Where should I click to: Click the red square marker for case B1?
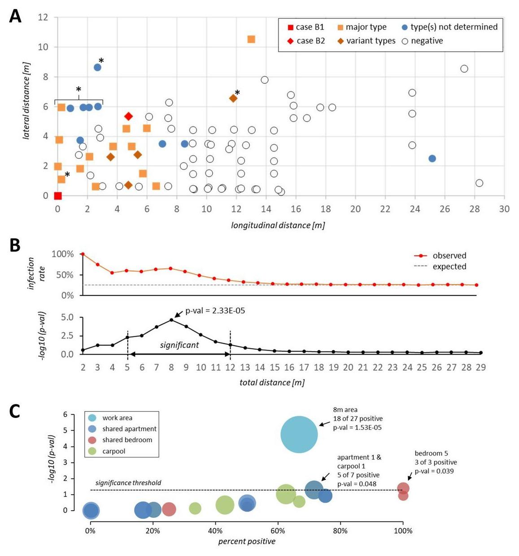57,195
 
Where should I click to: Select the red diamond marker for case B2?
128,117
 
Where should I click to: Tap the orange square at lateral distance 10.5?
251,39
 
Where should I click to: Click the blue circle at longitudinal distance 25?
432,158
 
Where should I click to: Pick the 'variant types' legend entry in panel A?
366,41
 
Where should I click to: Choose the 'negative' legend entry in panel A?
422,41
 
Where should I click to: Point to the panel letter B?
15,245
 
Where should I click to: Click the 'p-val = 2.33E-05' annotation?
215,310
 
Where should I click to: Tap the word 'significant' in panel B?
179,345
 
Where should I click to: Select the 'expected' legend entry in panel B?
449,266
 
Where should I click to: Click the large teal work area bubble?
299,434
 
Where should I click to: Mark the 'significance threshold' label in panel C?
128,483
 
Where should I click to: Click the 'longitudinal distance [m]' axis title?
278,225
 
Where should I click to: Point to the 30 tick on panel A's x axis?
504,209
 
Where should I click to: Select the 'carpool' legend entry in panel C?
113,451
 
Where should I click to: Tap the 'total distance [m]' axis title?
272,382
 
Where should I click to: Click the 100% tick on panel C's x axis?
403,531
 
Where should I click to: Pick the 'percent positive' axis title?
247,541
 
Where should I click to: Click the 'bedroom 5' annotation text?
431,453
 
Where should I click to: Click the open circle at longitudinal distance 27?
464,69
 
